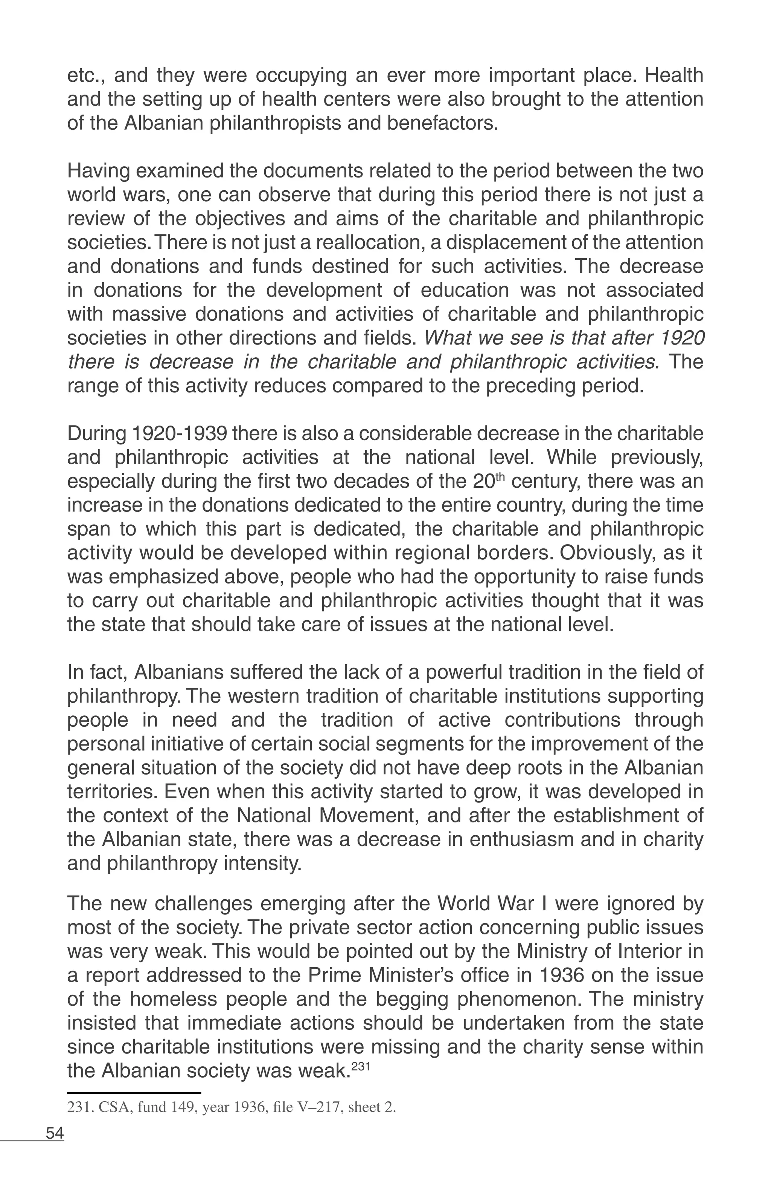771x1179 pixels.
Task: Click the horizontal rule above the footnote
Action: pyautogui.click(x=134, y=1092)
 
